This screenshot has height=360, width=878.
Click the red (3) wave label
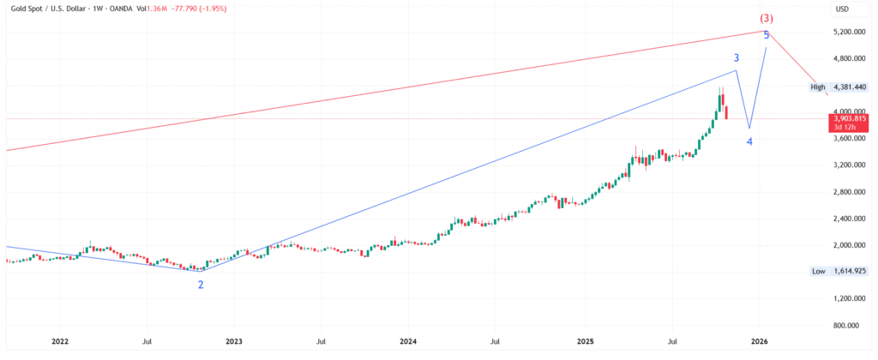766,18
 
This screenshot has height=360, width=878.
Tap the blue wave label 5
766,35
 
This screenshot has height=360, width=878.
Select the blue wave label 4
749,141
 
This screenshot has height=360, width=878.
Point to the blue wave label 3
737,57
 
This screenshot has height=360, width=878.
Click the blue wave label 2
201,284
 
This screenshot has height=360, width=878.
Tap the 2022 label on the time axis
60,341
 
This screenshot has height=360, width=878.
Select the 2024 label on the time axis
408,341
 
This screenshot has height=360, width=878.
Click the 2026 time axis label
758,341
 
